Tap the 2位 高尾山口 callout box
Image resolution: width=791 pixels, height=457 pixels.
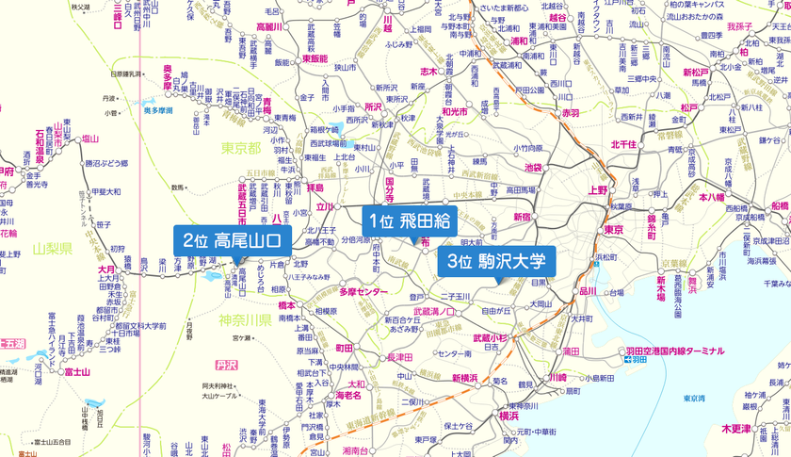[x=232, y=240]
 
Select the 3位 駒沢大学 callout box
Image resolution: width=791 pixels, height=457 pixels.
[x=496, y=260]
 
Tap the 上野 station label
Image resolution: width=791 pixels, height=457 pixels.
[x=599, y=189]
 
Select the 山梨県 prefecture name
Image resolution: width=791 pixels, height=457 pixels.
[x=52, y=249]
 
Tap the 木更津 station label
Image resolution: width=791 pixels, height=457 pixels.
[x=737, y=428]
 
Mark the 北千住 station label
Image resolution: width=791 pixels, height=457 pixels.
[x=624, y=144]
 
